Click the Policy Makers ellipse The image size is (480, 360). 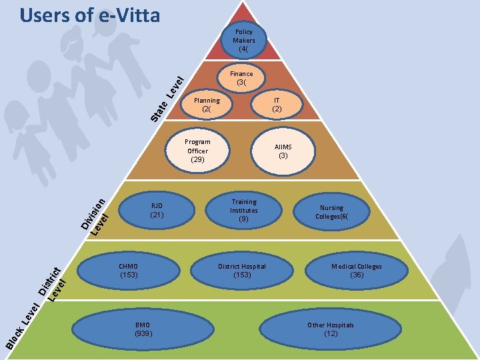pyautogui.click(x=243, y=40)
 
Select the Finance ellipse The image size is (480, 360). pyautogui.click(x=241, y=78)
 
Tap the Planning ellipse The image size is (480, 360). pyautogui.click(x=207, y=105)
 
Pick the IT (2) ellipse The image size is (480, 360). pyautogui.click(x=277, y=105)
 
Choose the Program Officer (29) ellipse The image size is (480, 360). pyautogui.click(x=197, y=151)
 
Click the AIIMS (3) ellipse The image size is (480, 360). pyautogui.click(x=283, y=151)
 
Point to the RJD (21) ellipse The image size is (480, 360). pyautogui.click(x=157, y=210)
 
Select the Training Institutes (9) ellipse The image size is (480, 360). pyautogui.click(x=244, y=210)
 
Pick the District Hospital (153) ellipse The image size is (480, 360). pyautogui.click(x=241, y=270)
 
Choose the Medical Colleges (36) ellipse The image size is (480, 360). pyautogui.click(x=357, y=270)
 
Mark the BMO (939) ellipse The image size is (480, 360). pyautogui.click(x=143, y=328)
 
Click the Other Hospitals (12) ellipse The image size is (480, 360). pyautogui.click(x=331, y=329)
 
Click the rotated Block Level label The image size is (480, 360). pyautogui.click(x=21, y=325)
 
